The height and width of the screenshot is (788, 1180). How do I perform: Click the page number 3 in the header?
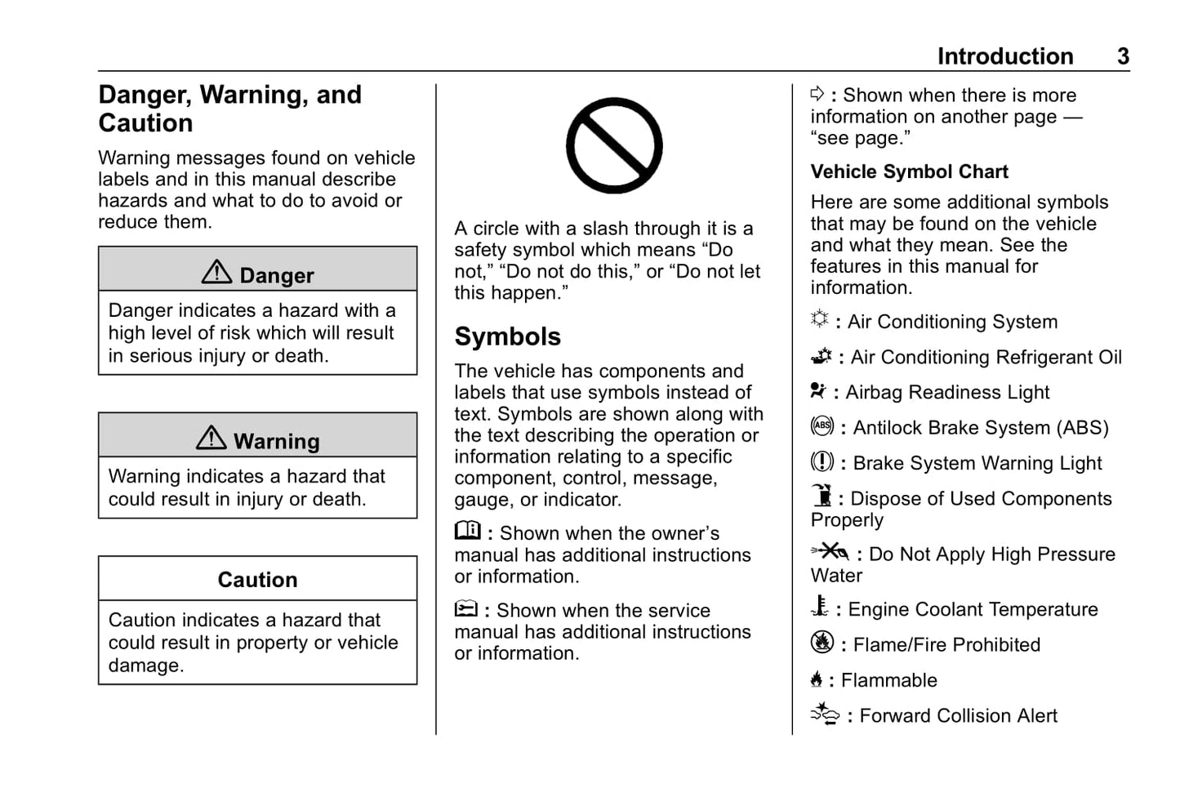pyautogui.click(x=1123, y=56)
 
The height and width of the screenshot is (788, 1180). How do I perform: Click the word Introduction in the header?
pyautogui.click(x=1004, y=56)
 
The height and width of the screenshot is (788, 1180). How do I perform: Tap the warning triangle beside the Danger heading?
pyautogui.click(x=216, y=272)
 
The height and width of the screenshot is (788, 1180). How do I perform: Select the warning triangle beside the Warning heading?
pyautogui.click(x=212, y=438)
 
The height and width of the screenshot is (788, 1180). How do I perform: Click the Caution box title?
pyautogui.click(x=257, y=580)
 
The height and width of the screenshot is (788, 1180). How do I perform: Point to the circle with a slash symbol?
pyautogui.click(x=614, y=145)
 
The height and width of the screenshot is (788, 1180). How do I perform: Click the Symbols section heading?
pyautogui.click(x=507, y=336)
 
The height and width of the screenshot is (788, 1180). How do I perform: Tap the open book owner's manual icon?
pyautogui.click(x=467, y=531)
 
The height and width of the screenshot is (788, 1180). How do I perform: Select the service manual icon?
pyautogui.click(x=465, y=608)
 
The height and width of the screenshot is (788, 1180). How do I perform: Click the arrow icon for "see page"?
pyautogui.click(x=817, y=94)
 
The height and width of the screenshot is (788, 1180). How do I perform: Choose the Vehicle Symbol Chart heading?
pyautogui.click(x=909, y=171)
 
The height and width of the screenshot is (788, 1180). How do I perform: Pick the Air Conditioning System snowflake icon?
pyautogui.click(x=819, y=319)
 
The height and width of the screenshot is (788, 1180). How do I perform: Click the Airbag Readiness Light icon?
pyautogui.click(x=818, y=390)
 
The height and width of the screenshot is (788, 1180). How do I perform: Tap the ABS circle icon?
pyautogui.click(x=822, y=426)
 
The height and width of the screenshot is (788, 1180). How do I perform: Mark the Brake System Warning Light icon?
pyautogui.click(x=822, y=462)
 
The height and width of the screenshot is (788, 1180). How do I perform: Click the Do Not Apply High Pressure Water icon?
pyautogui.click(x=830, y=551)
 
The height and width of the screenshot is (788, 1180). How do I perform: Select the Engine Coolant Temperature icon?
pyautogui.click(x=819, y=607)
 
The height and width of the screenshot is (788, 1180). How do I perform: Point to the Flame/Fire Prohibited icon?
pyautogui.click(x=822, y=643)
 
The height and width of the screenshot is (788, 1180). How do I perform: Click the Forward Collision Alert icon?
pyautogui.click(x=825, y=714)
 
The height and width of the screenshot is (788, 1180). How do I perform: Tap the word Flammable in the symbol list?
pyautogui.click(x=888, y=680)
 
